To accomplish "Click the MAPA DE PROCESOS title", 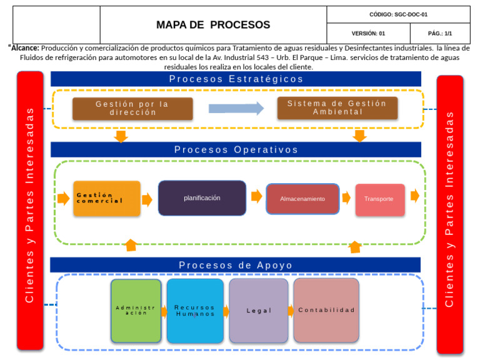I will point(213,25).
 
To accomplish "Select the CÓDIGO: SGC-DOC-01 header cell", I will point(398,14).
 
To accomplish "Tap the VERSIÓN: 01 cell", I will point(368,34).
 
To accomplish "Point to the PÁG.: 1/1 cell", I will point(439,34).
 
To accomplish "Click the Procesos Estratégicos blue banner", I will point(236,79).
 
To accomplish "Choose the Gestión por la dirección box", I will point(132,108).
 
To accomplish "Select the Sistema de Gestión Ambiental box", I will point(337,107).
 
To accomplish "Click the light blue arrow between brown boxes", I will point(236,108).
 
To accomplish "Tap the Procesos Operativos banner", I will point(236,149).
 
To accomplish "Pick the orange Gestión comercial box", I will point(106,198).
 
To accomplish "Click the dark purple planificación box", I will point(202,198).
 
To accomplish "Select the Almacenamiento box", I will point(302,199).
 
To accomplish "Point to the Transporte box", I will point(379,199).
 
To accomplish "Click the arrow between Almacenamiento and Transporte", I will point(346,198).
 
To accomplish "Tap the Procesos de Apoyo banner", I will point(236,265).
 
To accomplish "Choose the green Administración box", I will point(136,310).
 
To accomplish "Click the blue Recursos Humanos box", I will point(194,310).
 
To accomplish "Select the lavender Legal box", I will point(259,310).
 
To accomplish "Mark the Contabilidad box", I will point(326,310).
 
